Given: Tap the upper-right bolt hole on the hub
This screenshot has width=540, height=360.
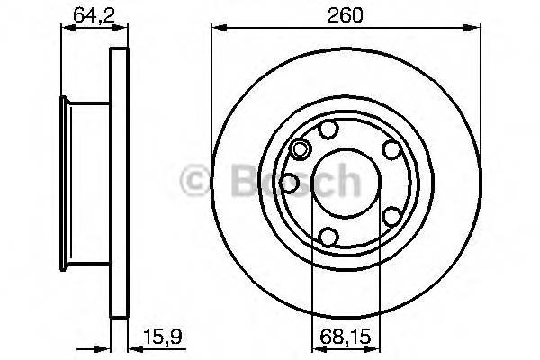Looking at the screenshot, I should tap(391, 150).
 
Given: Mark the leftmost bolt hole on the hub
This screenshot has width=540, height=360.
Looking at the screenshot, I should tap(289, 183).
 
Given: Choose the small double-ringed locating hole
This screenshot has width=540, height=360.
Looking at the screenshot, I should tap(301, 148).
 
